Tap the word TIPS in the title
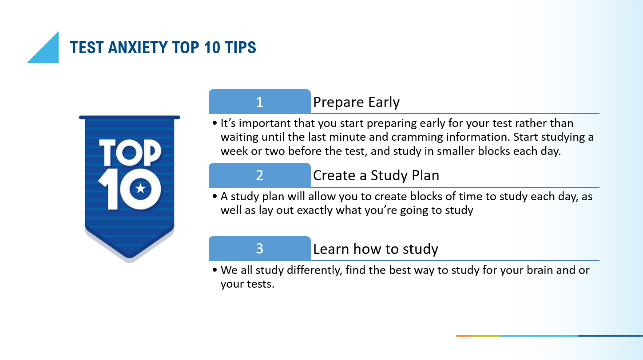240,47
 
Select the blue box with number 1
260,102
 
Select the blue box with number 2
260,175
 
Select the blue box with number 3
260,249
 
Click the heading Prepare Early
356,103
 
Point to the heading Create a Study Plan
376,176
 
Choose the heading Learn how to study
375,249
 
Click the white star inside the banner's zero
141,189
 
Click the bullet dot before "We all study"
215,270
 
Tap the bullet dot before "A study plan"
215,196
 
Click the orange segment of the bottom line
464,336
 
